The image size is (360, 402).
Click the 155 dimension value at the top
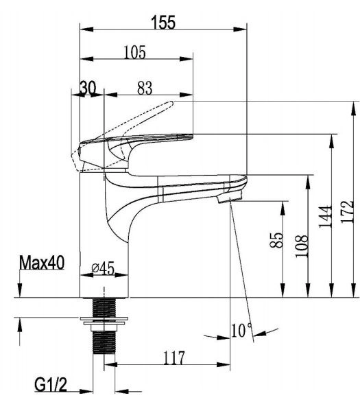(163, 22)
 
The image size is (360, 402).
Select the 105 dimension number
(135, 52)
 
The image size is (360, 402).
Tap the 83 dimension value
(145, 88)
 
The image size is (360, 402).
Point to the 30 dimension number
(88, 88)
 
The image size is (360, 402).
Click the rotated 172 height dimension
(348, 212)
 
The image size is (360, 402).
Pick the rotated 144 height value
(325, 216)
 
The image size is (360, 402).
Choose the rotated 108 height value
(301, 246)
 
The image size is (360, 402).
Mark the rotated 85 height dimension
(277, 240)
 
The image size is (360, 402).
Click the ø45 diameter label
(103, 268)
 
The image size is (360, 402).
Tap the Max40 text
(42, 263)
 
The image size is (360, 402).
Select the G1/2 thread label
(51, 385)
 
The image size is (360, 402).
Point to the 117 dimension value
(173, 358)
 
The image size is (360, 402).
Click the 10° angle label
(241, 330)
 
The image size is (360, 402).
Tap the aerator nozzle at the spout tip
(229, 196)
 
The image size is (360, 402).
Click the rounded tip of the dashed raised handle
(171, 103)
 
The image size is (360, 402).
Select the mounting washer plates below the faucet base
(104, 320)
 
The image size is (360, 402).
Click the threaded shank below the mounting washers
(104, 342)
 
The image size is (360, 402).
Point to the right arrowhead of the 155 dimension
(240, 29)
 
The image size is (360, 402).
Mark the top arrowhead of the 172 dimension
(354, 108)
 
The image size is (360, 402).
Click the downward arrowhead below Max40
(20, 290)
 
